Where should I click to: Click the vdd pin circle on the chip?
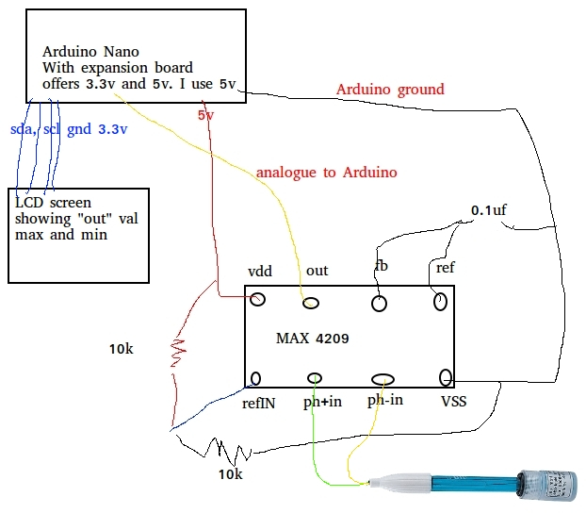pyautogui.click(x=256, y=299)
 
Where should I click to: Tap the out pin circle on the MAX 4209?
pyautogui.click(x=311, y=302)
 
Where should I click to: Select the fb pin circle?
pyautogui.click(x=379, y=304)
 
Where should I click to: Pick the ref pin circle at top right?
pyautogui.click(x=440, y=302)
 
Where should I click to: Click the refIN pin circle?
pyautogui.click(x=255, y=378)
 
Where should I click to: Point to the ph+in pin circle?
pyautogui.click(x=316, y=378)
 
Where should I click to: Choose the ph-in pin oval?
pyautogui.click(x=383, y=379)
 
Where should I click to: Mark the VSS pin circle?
pyautogui.click(x=446, y=378)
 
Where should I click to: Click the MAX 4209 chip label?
pyautogui.click(x=312, y=337)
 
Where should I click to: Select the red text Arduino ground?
pyautogui.click(x=390, y=90)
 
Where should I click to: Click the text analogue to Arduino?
pyautogui.click(x=326, y=173)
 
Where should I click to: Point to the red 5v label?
pyautogui.click(x=205, y=115)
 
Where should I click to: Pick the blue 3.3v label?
pyautogui.click(x=112, y=128)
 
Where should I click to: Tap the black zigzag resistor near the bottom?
pyautogui.click(x=221, y=446)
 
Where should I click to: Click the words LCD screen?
pyautogui.click(x=53, y=203)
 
